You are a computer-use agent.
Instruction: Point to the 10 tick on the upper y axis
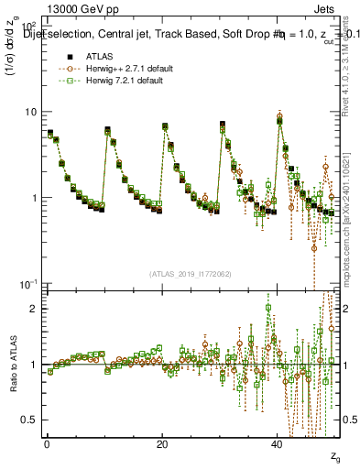(x=30, y=112)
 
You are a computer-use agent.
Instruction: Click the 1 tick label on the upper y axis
(x=34, y=198)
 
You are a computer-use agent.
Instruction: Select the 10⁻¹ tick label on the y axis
(x=28, y=283)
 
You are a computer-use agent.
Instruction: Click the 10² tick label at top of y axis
(x=28, y=27)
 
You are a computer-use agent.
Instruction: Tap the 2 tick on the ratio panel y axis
(x=34, y=309)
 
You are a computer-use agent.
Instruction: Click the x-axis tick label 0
(x=47, y=444)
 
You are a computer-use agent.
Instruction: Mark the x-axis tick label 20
(x=161, y=444)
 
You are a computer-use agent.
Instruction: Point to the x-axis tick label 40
(x=277, y=444)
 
